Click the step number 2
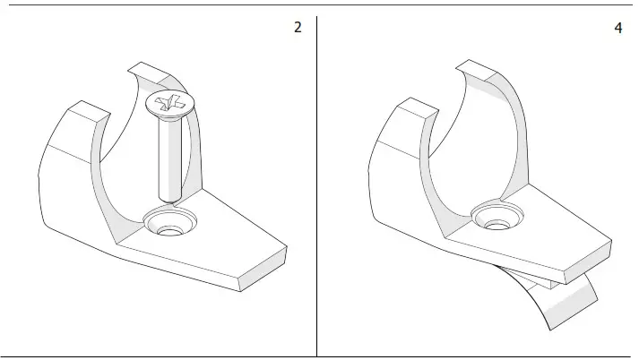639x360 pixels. [298, 27]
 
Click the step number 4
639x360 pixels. [617, 28]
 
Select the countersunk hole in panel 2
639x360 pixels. [168, 224]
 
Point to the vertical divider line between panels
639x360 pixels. [316, 179]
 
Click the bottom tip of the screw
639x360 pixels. [169, 198]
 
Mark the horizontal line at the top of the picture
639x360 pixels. [319, 5]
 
